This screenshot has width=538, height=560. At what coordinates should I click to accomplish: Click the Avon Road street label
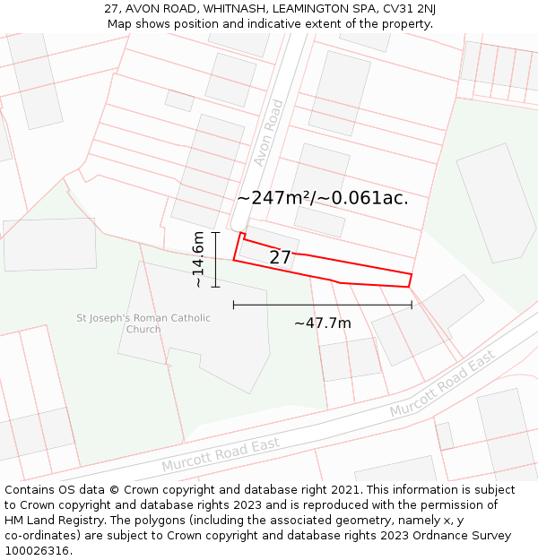[x=268, y=133]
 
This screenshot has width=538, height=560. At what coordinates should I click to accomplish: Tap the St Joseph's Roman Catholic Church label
[x=143, y=323]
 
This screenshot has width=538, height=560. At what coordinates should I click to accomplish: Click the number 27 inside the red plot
[x=280, y=258]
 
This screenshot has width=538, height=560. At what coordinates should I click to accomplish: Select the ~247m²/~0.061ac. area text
[x=323, y=198]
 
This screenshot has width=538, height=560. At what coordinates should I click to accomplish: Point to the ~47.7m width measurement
[x=323, y=323]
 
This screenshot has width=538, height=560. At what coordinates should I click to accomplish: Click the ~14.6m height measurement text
[x=198, y=260]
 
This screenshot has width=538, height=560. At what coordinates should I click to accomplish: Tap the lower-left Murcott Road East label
[x=221, y=455]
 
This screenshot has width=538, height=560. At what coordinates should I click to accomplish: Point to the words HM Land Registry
[x=52, y=520]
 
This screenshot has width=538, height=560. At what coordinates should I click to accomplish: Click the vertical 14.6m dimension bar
[x=216, y=260]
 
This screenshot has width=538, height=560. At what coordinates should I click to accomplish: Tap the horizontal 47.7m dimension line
[x=323, y=306]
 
